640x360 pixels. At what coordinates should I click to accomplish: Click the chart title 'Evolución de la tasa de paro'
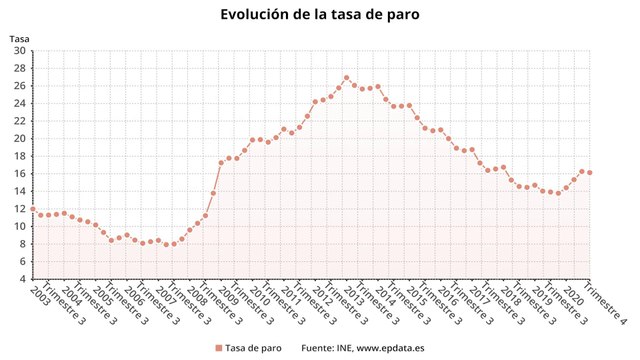pos(320,15)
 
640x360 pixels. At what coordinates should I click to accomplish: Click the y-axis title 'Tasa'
pos(19,39)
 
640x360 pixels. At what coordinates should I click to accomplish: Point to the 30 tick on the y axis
pos(20,67)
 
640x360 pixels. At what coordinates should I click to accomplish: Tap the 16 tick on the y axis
pos(20,173)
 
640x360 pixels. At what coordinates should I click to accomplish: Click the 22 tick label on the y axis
pos(20,120)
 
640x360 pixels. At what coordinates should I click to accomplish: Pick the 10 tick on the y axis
pos(20,226)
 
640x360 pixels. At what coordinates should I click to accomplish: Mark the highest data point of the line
pos(346,77)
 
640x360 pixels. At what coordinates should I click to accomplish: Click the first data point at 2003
pos(32,209)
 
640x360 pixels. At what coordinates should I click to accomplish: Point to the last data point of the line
pos(589,172)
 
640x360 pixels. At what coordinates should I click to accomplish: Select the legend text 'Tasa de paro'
pos(252,348)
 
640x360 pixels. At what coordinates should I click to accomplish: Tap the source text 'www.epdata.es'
pos(390,348)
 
